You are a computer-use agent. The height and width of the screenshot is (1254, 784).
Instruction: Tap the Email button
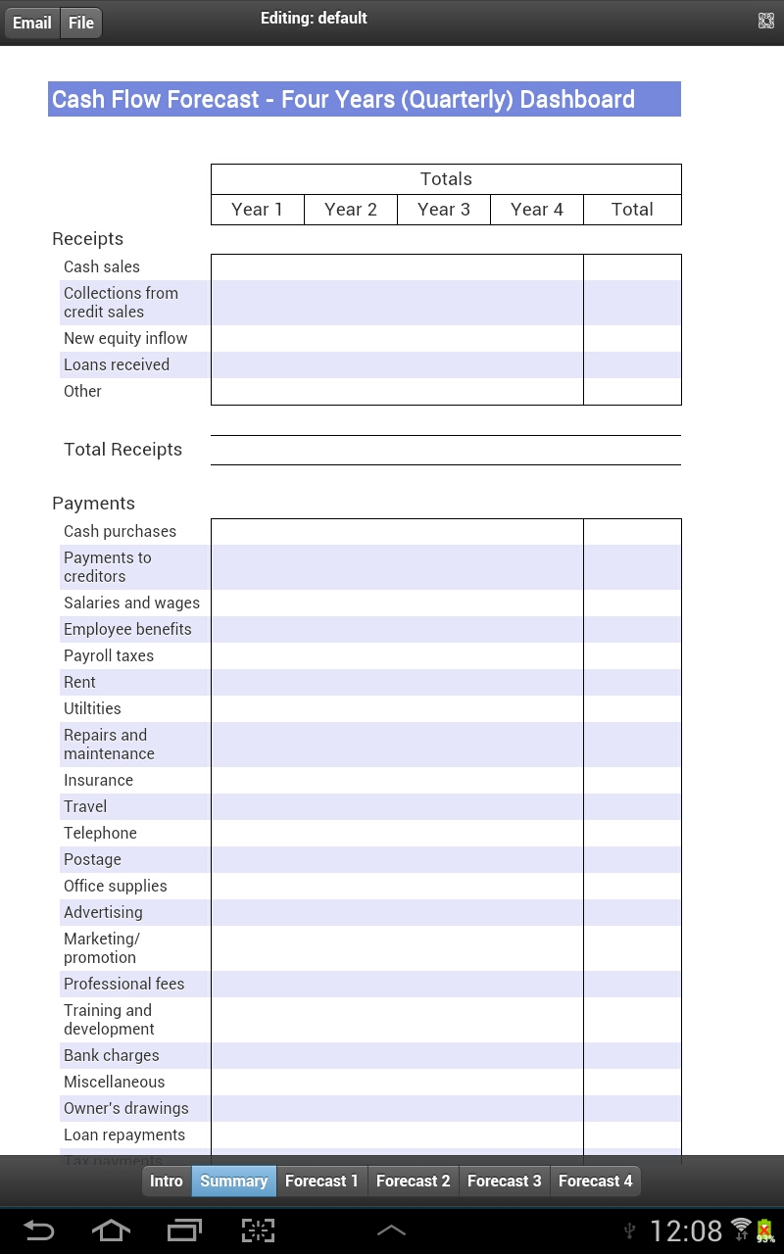32,23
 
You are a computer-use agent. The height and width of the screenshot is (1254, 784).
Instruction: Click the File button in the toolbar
81,23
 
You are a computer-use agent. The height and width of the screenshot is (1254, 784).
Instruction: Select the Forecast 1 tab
321,1181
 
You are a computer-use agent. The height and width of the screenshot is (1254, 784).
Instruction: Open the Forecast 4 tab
595,1181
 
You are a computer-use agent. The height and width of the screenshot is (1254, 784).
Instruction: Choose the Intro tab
167,1181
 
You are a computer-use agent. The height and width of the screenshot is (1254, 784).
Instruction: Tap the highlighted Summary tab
233,1181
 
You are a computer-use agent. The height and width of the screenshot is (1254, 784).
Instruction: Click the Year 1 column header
257,210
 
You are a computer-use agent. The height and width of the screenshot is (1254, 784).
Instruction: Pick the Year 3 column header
443,210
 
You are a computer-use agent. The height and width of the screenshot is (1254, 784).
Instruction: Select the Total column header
632,210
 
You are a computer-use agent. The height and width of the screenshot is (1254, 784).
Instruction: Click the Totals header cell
446,179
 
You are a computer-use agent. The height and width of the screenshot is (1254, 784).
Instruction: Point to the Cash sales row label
102,266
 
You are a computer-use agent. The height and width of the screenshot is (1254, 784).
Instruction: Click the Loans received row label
117,364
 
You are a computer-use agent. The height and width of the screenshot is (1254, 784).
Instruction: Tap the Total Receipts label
122,450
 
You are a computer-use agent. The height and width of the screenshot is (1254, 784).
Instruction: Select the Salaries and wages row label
131,603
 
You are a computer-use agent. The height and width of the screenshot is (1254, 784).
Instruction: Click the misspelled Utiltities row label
92,708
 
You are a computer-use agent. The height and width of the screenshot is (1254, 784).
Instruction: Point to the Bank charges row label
111,1055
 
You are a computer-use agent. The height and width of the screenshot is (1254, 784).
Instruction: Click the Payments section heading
93,504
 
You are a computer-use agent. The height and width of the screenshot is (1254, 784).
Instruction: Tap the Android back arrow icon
39,1230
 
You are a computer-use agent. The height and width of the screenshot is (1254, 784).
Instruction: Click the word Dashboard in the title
577,100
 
